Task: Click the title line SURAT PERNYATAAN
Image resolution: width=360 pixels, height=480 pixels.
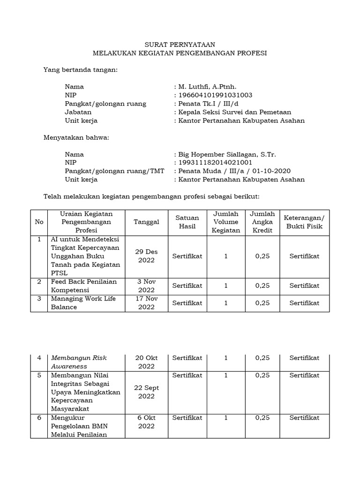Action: pyautogui.click(x=180, y=45)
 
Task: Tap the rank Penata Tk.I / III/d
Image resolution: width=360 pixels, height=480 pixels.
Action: pyautogui.click(x=205, y=104)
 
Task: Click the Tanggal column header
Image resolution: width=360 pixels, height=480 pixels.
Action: pyautogui.click(x=146, y=222)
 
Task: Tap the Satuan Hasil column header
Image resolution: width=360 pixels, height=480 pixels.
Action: pyautogui.click(x=187, y=222)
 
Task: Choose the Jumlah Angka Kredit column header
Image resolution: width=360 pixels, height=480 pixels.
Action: pyautogui.click(x=262, y=222)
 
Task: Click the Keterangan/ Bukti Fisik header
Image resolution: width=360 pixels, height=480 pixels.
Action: pyautogui.click(x=304, y=222)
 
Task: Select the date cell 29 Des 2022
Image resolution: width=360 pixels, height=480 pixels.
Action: pyautogui.click(x=146, y=256)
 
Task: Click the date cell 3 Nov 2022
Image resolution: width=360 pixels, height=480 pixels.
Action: pyautogui.click(x=146, y=285)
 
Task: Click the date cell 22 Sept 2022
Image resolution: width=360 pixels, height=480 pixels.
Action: pyautogui.click(x=146, y=392)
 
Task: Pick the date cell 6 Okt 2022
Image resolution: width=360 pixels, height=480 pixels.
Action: pyautogui.click(x=146, y=421)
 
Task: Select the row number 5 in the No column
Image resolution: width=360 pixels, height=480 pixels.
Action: pyautogui.click(x=39, y=375)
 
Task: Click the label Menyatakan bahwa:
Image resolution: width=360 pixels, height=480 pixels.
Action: pyautogui.click(x=76, y=137)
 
